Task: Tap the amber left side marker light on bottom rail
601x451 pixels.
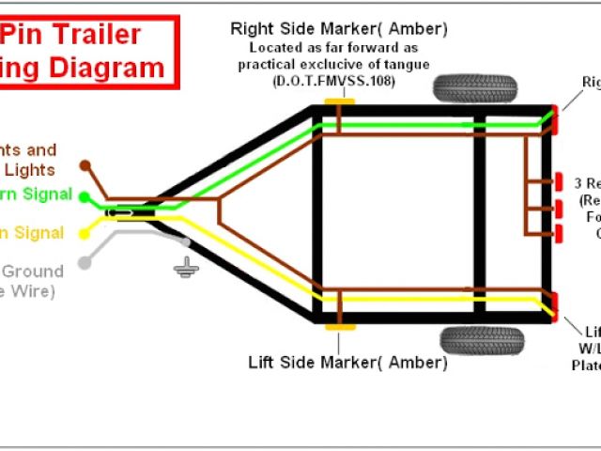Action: pos(340,327)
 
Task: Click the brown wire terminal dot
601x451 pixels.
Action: pos(85,165)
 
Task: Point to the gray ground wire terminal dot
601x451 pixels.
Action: pos(84,263)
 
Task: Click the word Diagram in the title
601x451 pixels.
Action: pos(116,68)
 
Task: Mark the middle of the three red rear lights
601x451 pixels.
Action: pos(559,207)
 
